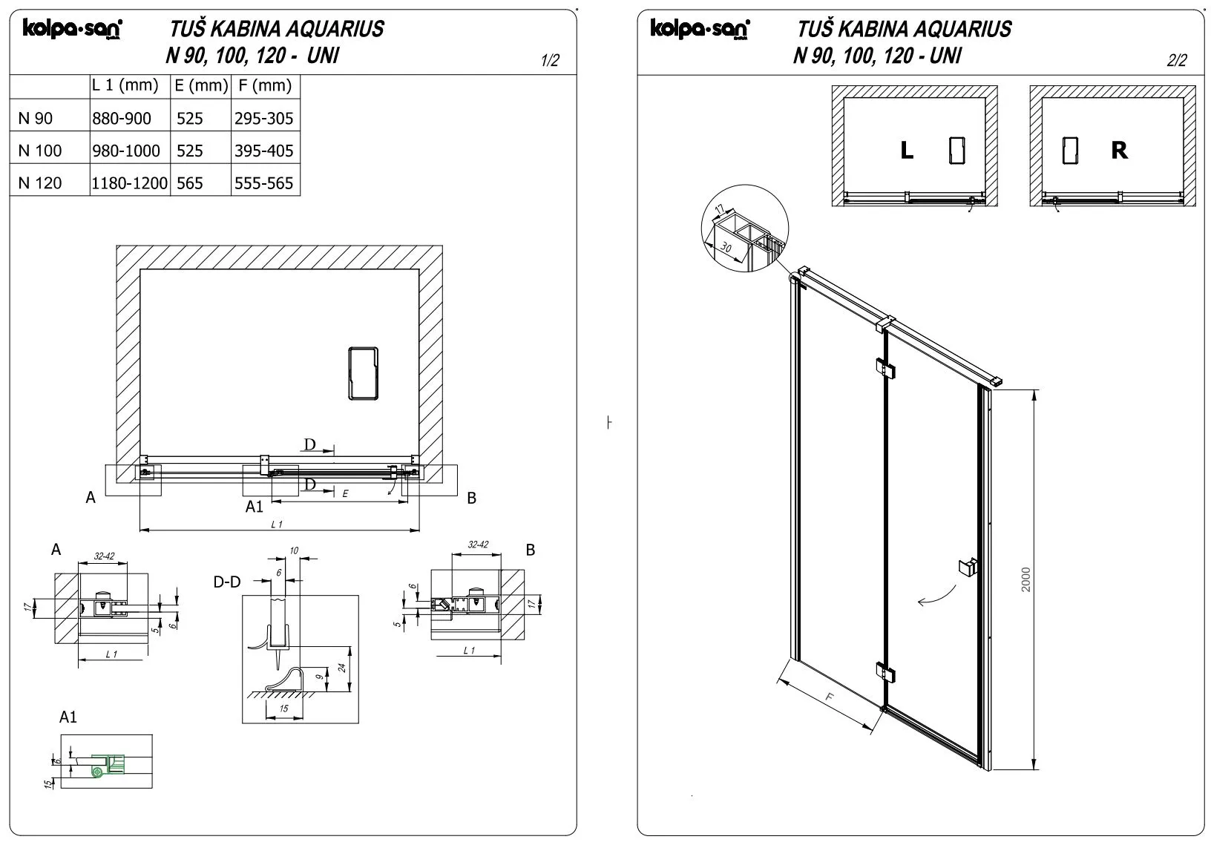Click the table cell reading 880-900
pyautogui.click(x=121, y=119)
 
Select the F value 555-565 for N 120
pyautogui.click(x=263, y=183)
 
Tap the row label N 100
pyautogui.click(x=40, y=151)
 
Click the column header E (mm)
pyautogui.click(x=200, y=86)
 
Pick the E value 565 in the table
pyautogui.click(x=190, y=183)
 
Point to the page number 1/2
pyautogui.click(x=550, y=62)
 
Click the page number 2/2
pyautogui.click(x=1177, y=62)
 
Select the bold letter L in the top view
pyautogui.click(x=906, y=151)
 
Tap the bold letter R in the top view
pyautogui.click(x=1119, y=151)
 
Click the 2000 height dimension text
pyautogui.click(x=1025, y=579)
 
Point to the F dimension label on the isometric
pyautogui.click(x=830, y=698)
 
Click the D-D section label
pyautogui.click(x=227, y=582)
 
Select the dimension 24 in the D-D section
pyautogui.click(x=341, y=667)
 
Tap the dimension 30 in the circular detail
pyautogui.click(x=726, y=250)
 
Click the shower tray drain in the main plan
pyautogui.click(x=362, y=373)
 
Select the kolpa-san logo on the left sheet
pyautogui.click(x=73, y=30)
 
